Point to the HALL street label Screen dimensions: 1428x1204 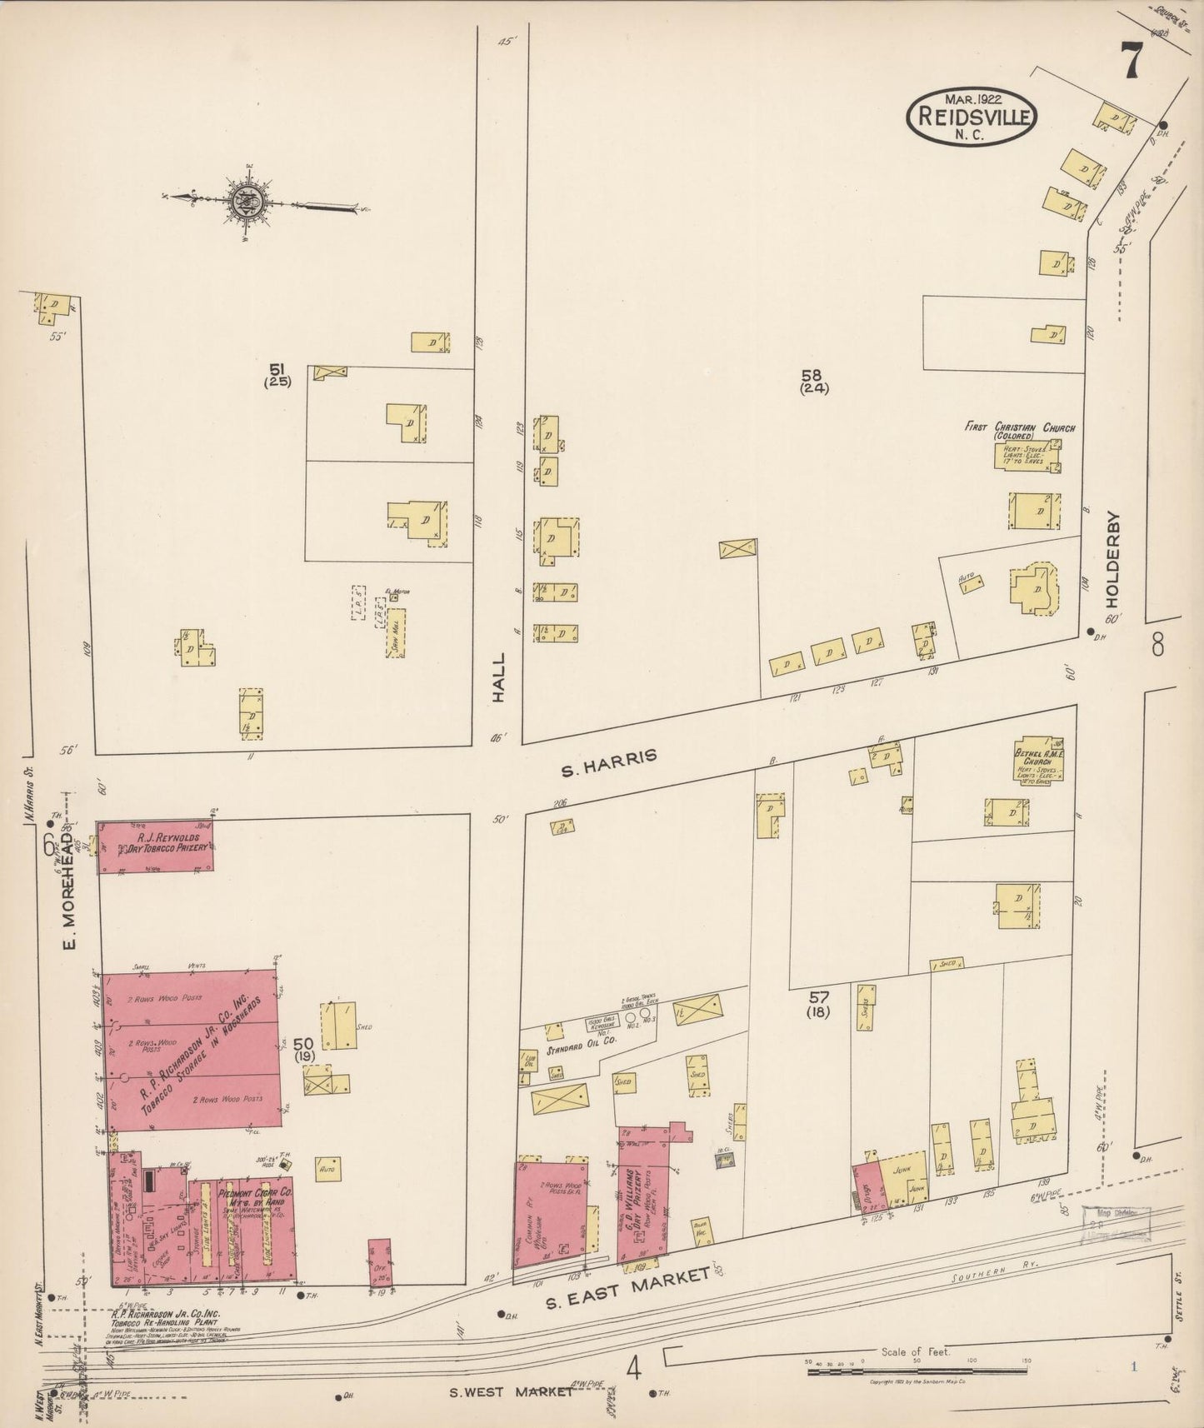[499, 681]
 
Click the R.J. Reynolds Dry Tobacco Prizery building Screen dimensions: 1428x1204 [156, 847]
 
